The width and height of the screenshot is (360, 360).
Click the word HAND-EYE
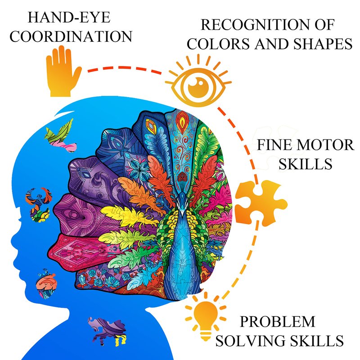(69, 18)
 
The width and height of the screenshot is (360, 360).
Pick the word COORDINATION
(71, 36)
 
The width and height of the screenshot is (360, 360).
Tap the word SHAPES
(323, 44)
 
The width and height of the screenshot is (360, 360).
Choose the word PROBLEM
(277, 321)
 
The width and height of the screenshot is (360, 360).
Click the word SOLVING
(249, 341)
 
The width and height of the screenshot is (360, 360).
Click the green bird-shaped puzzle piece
(60, 136)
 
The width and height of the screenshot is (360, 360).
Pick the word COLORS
(218, 44)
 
